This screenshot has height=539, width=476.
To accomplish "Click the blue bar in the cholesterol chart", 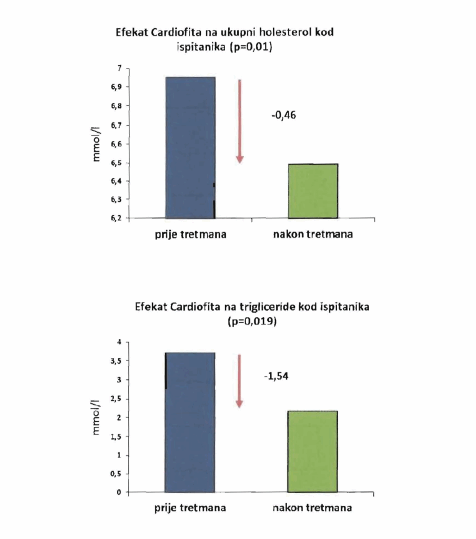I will point(190,147).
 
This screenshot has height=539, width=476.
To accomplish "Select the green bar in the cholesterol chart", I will point(313,191).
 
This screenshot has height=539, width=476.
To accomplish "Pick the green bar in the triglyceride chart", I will point(312,451).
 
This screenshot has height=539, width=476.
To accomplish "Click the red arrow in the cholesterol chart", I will point(239,121).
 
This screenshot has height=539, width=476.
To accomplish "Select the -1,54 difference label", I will point(276,376).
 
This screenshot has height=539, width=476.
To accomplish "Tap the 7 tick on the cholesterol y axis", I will point(119,68).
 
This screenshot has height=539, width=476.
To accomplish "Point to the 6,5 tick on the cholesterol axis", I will point(116,163).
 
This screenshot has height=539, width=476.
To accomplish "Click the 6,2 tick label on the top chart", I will point(116,218).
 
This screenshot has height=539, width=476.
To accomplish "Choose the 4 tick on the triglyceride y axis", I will point(119,342).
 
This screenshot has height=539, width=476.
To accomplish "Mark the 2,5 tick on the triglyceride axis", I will point(116,398).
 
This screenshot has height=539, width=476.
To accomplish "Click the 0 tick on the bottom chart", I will point(119,493).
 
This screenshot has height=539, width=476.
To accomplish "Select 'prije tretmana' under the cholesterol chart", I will point(190,234).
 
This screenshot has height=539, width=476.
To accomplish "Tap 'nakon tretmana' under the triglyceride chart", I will point(312,508).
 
